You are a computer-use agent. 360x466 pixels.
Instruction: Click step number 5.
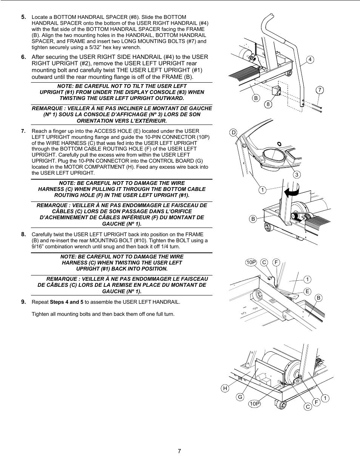23,17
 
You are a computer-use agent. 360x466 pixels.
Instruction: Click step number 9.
23,302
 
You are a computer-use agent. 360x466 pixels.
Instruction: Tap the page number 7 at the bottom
179,451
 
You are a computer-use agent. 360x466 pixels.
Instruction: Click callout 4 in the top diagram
310,60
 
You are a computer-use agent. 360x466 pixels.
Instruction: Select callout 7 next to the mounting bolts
320,90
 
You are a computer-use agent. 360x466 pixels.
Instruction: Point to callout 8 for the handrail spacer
268,105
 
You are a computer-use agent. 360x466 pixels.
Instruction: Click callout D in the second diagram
234,132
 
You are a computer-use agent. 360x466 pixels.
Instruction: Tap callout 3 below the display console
297,174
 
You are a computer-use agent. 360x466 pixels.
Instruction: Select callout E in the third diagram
308,291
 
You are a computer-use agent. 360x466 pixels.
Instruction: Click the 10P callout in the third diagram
251,262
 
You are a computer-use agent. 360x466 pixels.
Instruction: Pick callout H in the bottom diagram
225,388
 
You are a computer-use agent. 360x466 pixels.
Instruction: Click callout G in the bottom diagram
240,397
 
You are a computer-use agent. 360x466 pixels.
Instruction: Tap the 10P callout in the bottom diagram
255,404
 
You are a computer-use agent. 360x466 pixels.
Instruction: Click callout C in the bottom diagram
308,406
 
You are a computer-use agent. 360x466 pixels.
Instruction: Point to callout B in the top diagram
256,98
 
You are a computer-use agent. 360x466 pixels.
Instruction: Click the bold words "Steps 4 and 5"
66,302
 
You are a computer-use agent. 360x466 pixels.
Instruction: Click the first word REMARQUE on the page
48,108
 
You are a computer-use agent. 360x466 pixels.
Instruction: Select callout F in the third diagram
276,262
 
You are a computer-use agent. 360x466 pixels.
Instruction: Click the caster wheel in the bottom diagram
280,405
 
